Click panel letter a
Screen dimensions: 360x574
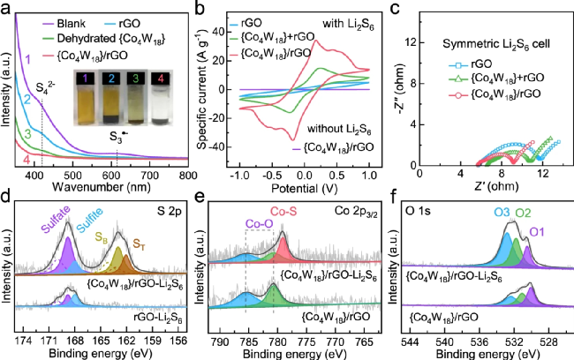pos(6,8)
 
